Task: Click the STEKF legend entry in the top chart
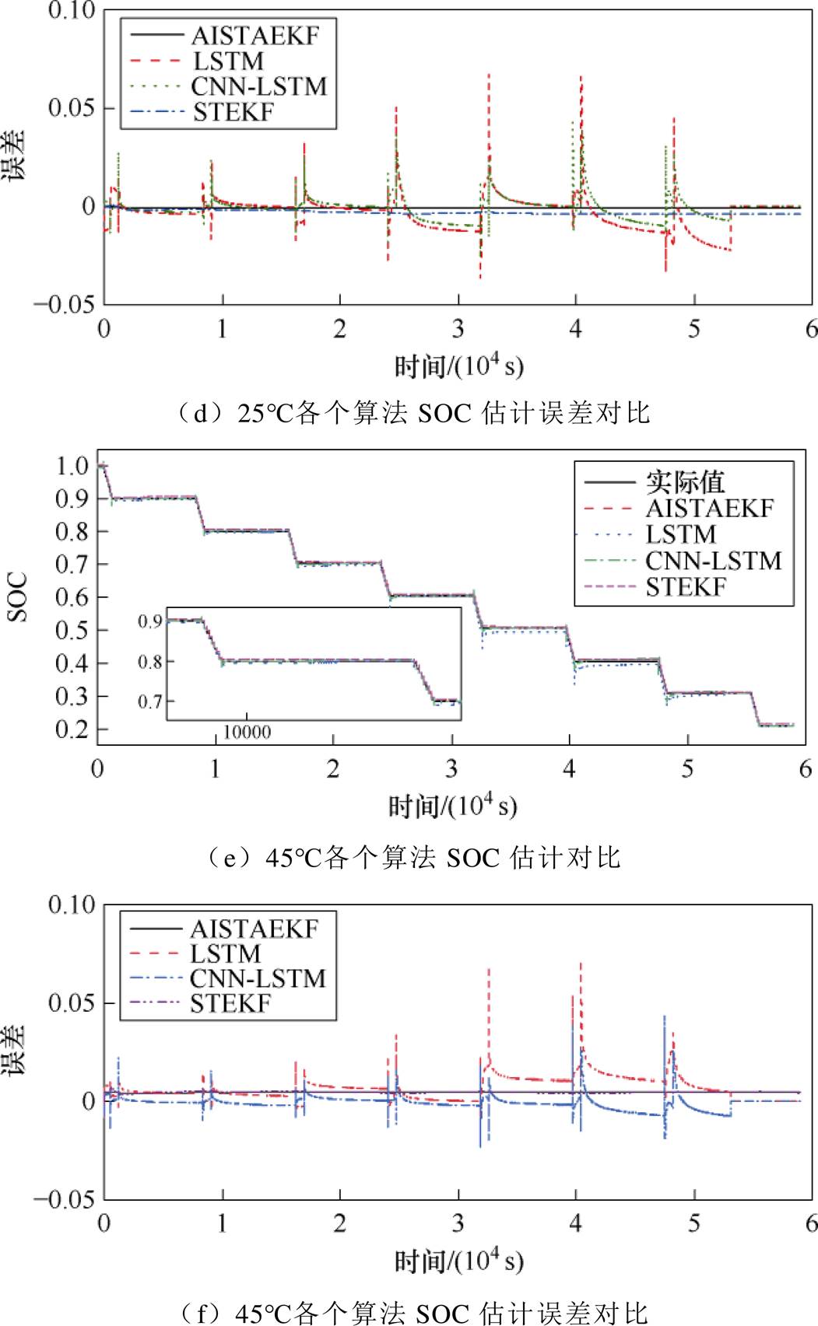click(x=233, y=112)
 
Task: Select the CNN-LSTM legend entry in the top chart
click(x=258, y=86)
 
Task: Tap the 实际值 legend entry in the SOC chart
click(x=685, y=482)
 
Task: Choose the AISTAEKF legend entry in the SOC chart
click(x=709, y=509)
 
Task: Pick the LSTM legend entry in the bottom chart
click(x=225, y=953)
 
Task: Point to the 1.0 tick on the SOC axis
click(x=72, y=466)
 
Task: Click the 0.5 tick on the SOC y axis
click(x=72, y=630)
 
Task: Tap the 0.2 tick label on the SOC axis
click(x=72, y=729)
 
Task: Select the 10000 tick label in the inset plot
click(x=248, y=732)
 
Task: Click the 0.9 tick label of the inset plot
click(x=150, y=621)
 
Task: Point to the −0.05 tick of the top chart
click(x=64, y=304)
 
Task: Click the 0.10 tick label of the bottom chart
click(x=72, y=904)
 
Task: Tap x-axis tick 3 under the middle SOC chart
click(x=451, y=769)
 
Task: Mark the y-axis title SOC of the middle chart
click(x=18, y=597)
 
